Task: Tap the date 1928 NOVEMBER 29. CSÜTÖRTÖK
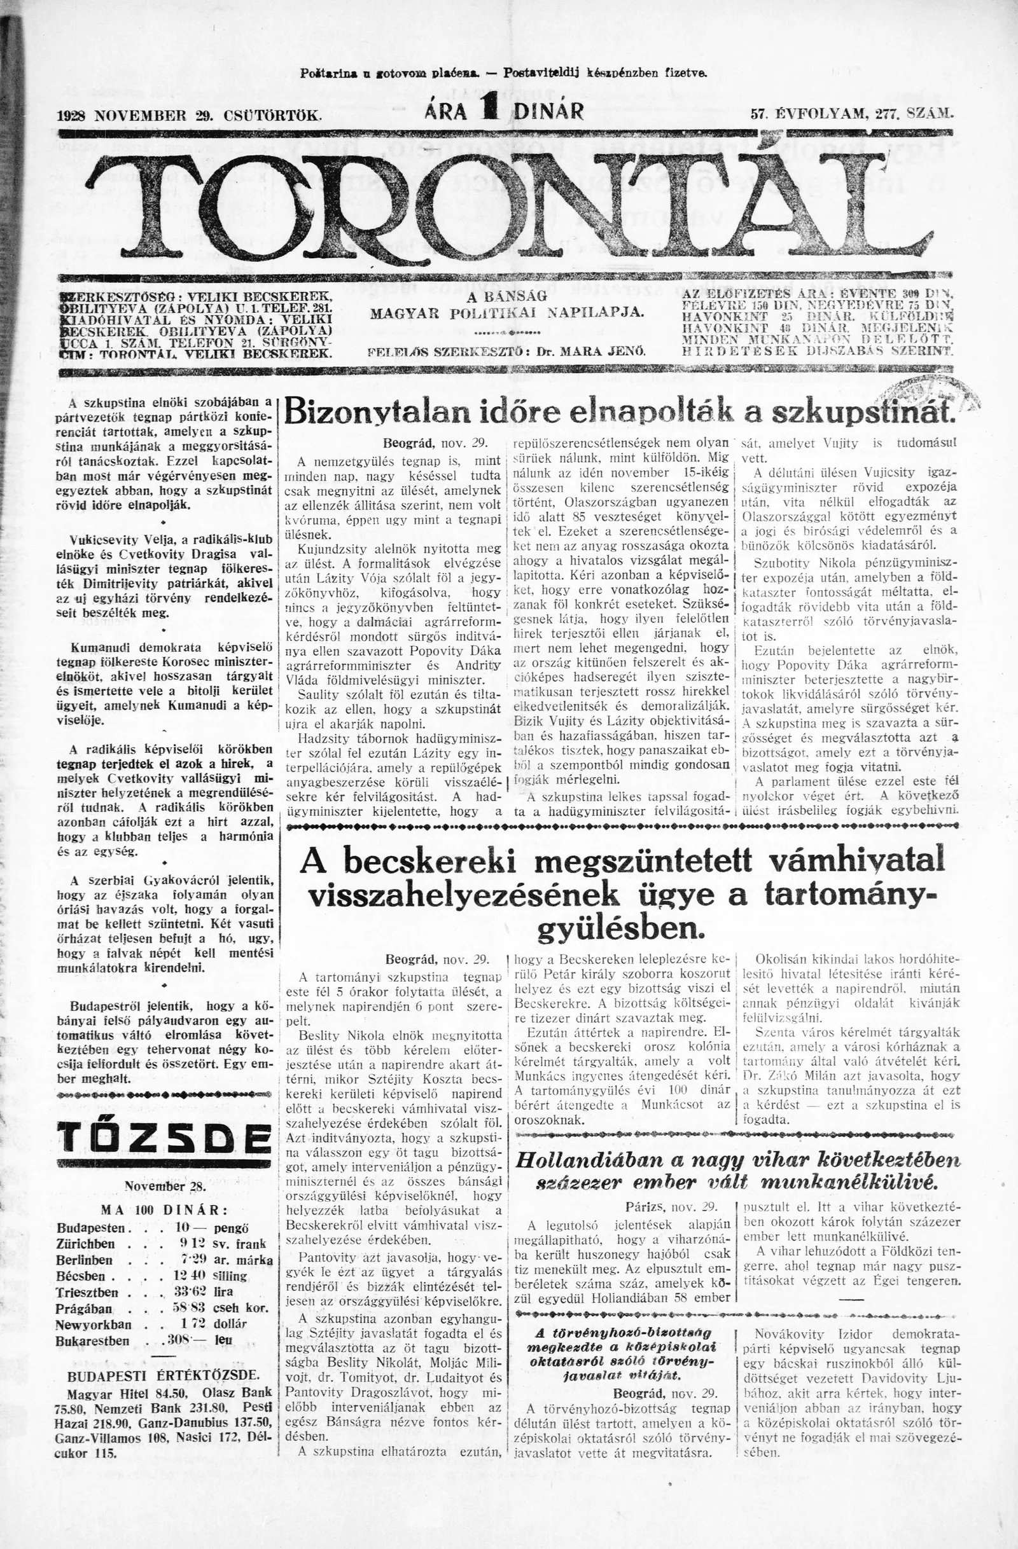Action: tap(190, 116)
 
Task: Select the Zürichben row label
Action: tap(86, 1244)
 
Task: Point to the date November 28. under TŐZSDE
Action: tap(165, 1185)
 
